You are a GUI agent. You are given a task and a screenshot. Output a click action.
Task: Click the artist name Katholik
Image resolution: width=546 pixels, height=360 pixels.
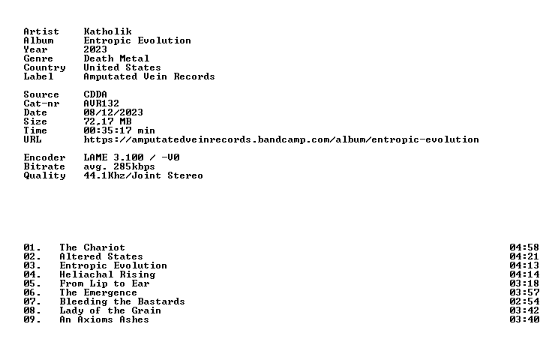107,31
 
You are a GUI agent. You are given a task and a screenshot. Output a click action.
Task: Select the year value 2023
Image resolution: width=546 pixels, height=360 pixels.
95,49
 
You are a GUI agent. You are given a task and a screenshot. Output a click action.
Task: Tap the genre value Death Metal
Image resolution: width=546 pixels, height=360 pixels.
116,58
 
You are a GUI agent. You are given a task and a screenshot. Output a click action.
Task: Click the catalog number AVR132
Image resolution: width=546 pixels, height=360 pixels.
101,103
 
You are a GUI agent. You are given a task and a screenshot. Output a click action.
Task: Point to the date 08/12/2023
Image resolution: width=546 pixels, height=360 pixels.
113,112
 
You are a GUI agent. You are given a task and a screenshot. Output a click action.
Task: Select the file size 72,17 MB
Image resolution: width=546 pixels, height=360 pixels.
107,121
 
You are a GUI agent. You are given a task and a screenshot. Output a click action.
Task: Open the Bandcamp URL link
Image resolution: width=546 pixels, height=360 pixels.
281,139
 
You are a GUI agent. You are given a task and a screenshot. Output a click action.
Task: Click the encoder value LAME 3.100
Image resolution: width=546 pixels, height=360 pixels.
113,157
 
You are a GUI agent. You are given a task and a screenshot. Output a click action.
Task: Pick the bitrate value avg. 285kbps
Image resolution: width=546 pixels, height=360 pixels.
119,166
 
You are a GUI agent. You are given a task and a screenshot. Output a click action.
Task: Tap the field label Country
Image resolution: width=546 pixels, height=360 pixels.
44,67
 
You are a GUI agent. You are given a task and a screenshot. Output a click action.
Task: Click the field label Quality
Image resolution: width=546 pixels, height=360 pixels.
44,175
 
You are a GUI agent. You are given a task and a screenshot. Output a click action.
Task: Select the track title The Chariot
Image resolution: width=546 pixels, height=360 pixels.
92,247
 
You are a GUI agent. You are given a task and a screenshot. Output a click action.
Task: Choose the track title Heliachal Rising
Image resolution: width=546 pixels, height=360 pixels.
107,274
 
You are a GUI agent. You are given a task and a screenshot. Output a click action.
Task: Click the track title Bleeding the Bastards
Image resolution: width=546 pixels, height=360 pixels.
122,301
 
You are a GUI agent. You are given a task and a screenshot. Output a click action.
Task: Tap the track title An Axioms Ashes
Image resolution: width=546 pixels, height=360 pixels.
104,319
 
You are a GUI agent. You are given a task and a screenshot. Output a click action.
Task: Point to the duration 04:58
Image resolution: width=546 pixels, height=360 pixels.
524,247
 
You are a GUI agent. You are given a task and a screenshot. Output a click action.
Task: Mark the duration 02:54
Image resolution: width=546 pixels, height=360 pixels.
524,301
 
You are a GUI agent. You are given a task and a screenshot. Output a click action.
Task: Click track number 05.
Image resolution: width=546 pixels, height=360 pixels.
32,283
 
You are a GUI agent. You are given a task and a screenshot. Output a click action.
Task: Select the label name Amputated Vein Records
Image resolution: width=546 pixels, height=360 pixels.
149,76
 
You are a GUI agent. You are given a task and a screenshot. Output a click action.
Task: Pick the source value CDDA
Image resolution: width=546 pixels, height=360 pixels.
95,94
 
